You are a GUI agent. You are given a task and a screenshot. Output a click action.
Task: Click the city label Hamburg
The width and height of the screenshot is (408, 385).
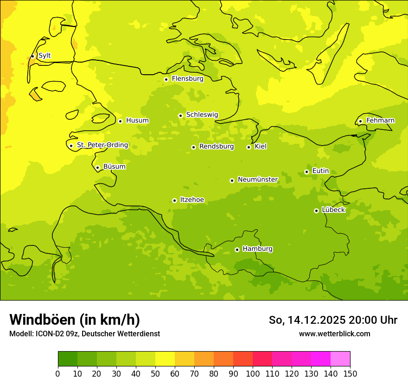pos(257,249)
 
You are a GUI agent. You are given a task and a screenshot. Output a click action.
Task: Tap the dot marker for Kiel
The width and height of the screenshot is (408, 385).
pos(249,147)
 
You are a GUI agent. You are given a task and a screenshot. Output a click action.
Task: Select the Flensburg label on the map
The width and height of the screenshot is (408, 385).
pos(187,79)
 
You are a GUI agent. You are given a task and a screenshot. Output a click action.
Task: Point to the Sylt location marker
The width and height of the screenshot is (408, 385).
pos(32,56)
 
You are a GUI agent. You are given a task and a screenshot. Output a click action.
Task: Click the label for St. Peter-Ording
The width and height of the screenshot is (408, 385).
pos(102,145)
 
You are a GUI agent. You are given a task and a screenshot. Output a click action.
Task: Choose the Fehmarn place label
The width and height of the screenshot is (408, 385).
pos(380,121)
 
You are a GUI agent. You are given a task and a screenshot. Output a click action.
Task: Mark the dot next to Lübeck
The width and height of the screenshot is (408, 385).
pos(316,211)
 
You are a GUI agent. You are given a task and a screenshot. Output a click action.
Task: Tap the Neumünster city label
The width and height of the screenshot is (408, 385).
pos(257,180)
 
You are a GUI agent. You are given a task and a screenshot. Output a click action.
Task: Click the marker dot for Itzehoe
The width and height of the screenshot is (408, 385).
pos(174,200)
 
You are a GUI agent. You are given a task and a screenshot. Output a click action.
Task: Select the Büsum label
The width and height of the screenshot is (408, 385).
pos(114,167)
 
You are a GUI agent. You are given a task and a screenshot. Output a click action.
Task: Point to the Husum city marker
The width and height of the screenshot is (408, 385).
pos(120,121)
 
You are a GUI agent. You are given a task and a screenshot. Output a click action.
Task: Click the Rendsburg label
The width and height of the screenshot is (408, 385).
pos(216,147)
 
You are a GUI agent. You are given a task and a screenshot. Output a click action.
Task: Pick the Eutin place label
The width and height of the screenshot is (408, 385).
pos(320,171)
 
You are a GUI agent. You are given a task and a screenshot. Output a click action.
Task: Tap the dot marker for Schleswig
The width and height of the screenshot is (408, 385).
pos(180,115)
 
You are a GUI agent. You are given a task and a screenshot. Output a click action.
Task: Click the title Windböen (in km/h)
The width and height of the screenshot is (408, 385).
pos(75,320)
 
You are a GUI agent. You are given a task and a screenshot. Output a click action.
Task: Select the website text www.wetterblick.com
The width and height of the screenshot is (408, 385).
pos(334,334)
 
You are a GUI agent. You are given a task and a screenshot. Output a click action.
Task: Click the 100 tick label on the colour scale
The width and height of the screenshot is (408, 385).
pos(253,373)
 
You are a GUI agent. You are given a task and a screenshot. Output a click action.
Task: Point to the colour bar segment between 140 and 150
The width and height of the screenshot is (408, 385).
pos(340,359)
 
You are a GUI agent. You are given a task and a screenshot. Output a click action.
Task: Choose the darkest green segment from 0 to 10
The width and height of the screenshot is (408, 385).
pos(68,359)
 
